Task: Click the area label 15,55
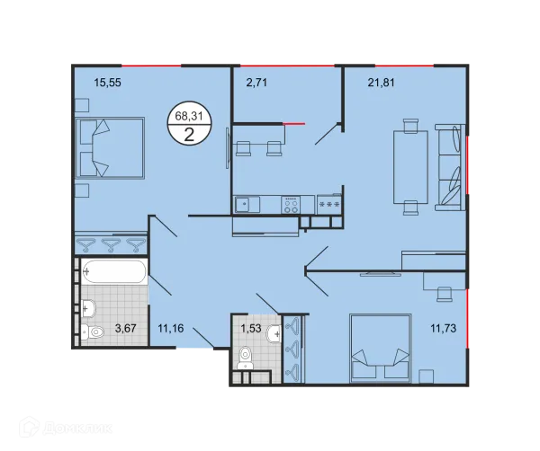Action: (107, 83)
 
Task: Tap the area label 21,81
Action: (382, 83)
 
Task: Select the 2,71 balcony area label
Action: (256, 83)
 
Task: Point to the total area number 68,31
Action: (189, 116)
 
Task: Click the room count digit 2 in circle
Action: (189, 135)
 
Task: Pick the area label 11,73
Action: (443, 328)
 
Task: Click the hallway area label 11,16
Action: (171, 328)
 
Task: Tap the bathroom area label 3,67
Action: (125, 328)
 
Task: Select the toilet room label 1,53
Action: (251, 328)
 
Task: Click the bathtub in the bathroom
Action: (114, 271)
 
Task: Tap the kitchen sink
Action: (247, 204)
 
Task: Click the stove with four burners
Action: (291, 205)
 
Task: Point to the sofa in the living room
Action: (450, 167)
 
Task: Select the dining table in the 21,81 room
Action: (411, 167)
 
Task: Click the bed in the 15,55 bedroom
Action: (110, 148)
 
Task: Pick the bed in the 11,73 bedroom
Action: (381, 348)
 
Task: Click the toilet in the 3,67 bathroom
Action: (93, 332)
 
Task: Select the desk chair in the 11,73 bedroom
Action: (445, 294)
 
